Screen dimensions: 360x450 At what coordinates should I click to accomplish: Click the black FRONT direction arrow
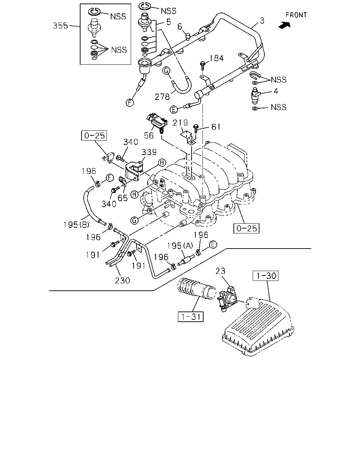285,25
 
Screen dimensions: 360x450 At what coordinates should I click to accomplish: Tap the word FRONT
296,15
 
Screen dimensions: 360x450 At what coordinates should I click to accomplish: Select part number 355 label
60,26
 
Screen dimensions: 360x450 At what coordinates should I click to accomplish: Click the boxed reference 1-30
265,276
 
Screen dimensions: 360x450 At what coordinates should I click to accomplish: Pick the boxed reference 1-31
191,317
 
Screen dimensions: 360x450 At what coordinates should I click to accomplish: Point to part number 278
162,97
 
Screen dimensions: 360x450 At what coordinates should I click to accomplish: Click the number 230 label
122,281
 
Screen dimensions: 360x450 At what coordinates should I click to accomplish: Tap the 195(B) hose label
77,225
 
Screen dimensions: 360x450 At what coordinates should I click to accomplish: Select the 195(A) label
180,245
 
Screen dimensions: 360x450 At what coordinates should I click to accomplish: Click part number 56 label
149,135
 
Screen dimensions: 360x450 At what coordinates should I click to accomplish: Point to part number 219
180,123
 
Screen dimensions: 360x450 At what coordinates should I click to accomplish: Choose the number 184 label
217,58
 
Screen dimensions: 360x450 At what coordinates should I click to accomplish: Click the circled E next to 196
213,244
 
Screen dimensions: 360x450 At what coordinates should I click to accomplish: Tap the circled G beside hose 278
166,70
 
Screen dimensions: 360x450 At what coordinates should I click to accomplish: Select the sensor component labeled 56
157,123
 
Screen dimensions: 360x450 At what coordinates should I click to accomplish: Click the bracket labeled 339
134,171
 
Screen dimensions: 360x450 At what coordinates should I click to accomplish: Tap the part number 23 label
220,271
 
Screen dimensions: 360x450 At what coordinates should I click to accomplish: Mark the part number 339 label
149,152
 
